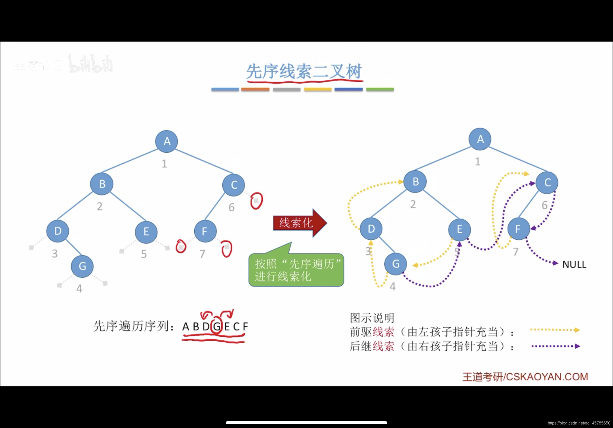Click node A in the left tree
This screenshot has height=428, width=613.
167,141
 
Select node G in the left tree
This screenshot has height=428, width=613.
82,266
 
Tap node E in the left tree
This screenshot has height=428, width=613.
146,232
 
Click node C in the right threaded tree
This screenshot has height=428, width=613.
547,183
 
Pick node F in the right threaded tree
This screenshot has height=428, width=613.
518,229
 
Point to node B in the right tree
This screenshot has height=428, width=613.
415,182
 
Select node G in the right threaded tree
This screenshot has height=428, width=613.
395,264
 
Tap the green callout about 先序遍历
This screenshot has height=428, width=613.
296,270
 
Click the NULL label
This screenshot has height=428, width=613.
574,265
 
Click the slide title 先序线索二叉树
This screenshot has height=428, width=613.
304,72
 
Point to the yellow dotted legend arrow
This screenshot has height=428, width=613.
555,330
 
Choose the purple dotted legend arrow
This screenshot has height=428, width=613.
555,346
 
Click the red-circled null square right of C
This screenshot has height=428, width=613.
256,201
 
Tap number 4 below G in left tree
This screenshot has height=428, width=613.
79,288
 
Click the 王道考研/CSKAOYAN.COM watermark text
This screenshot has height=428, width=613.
525,377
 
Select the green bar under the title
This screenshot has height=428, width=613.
380,89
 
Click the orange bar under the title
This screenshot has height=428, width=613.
255,89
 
